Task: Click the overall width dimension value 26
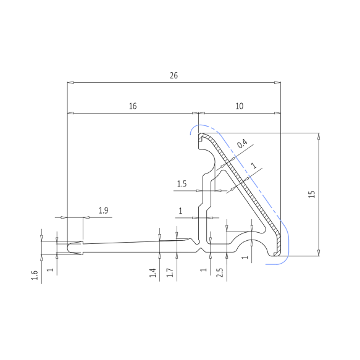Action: coord(174,75)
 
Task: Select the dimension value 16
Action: coord(133,106)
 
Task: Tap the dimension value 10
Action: coord(239,106)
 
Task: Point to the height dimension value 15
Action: coord(312,195)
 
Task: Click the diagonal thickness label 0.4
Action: coord(242,143)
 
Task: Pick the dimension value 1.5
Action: coord(182,183)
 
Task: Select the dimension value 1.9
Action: coord(103,211)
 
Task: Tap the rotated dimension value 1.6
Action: coord(35,275)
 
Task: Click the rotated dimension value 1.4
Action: coord(153,273)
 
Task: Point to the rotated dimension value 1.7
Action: coord(170,273)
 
